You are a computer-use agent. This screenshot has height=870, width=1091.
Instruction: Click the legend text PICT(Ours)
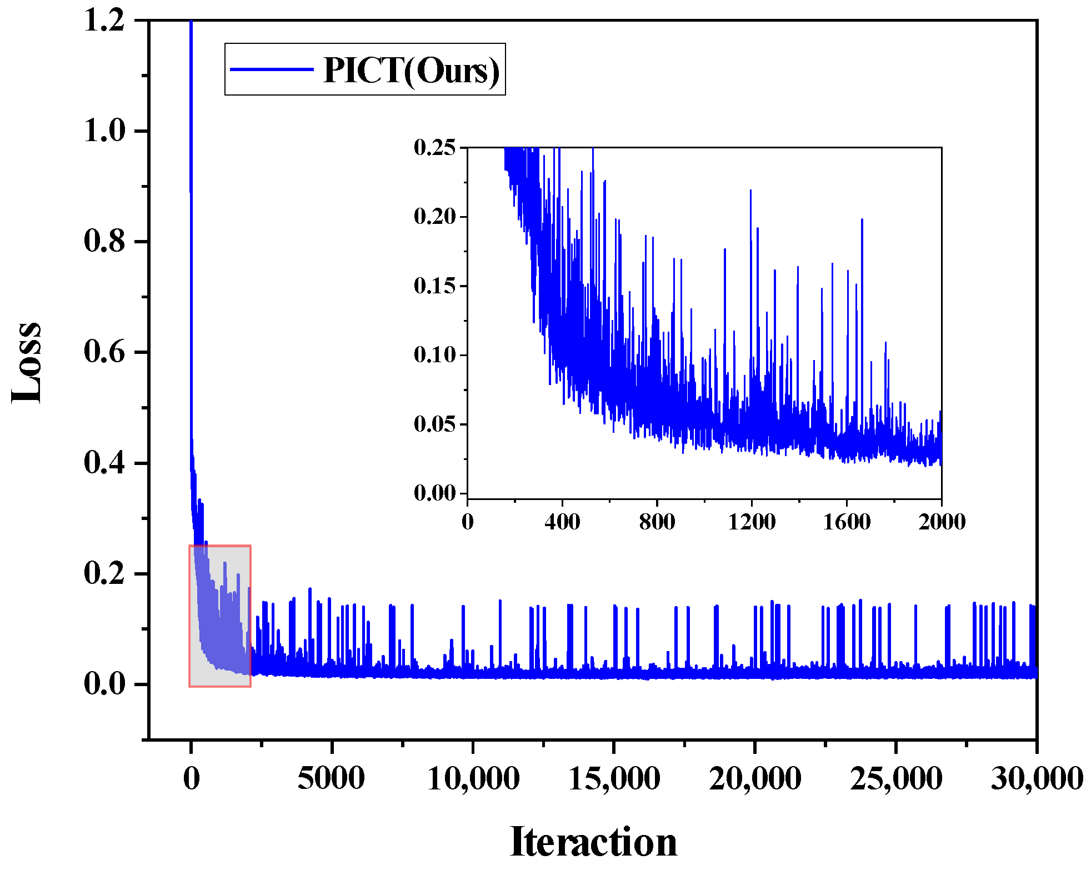pos(412,71)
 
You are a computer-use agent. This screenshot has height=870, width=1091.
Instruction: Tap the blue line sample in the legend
pos(272,69)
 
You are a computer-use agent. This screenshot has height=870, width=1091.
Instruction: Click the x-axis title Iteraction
pos(593,842)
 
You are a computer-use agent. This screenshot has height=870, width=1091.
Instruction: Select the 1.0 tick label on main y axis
pos(104,131)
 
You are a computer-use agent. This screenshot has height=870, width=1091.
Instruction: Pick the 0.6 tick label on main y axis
pos(104,352)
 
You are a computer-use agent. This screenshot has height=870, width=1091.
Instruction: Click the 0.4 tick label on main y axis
pos(104,462)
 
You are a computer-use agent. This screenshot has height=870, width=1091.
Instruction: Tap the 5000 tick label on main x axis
pos(331,778)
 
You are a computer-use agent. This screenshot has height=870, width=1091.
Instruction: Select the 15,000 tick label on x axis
pos(614,778)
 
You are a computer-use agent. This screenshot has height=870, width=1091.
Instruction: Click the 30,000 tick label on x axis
pos(1037,778)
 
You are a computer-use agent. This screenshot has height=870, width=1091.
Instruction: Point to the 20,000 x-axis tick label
pos(755,778)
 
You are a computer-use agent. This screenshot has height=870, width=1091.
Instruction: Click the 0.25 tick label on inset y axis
pos(434,148)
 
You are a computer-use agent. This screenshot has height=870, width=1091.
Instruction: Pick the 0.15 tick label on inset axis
pos(434,286)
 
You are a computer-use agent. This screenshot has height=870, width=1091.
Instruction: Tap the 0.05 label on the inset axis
pos(434,424)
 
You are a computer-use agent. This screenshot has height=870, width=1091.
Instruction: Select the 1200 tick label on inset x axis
pos(752,522)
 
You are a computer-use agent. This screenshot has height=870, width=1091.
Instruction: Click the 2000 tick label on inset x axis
pos(942,522)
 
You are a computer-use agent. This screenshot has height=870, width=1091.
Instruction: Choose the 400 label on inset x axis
pos(562,522)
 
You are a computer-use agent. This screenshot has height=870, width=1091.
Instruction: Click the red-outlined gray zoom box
pos(220,616)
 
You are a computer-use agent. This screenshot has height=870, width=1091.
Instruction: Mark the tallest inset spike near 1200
pos(750,191)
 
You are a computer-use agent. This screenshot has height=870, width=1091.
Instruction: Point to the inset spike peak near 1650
pos(862,220)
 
